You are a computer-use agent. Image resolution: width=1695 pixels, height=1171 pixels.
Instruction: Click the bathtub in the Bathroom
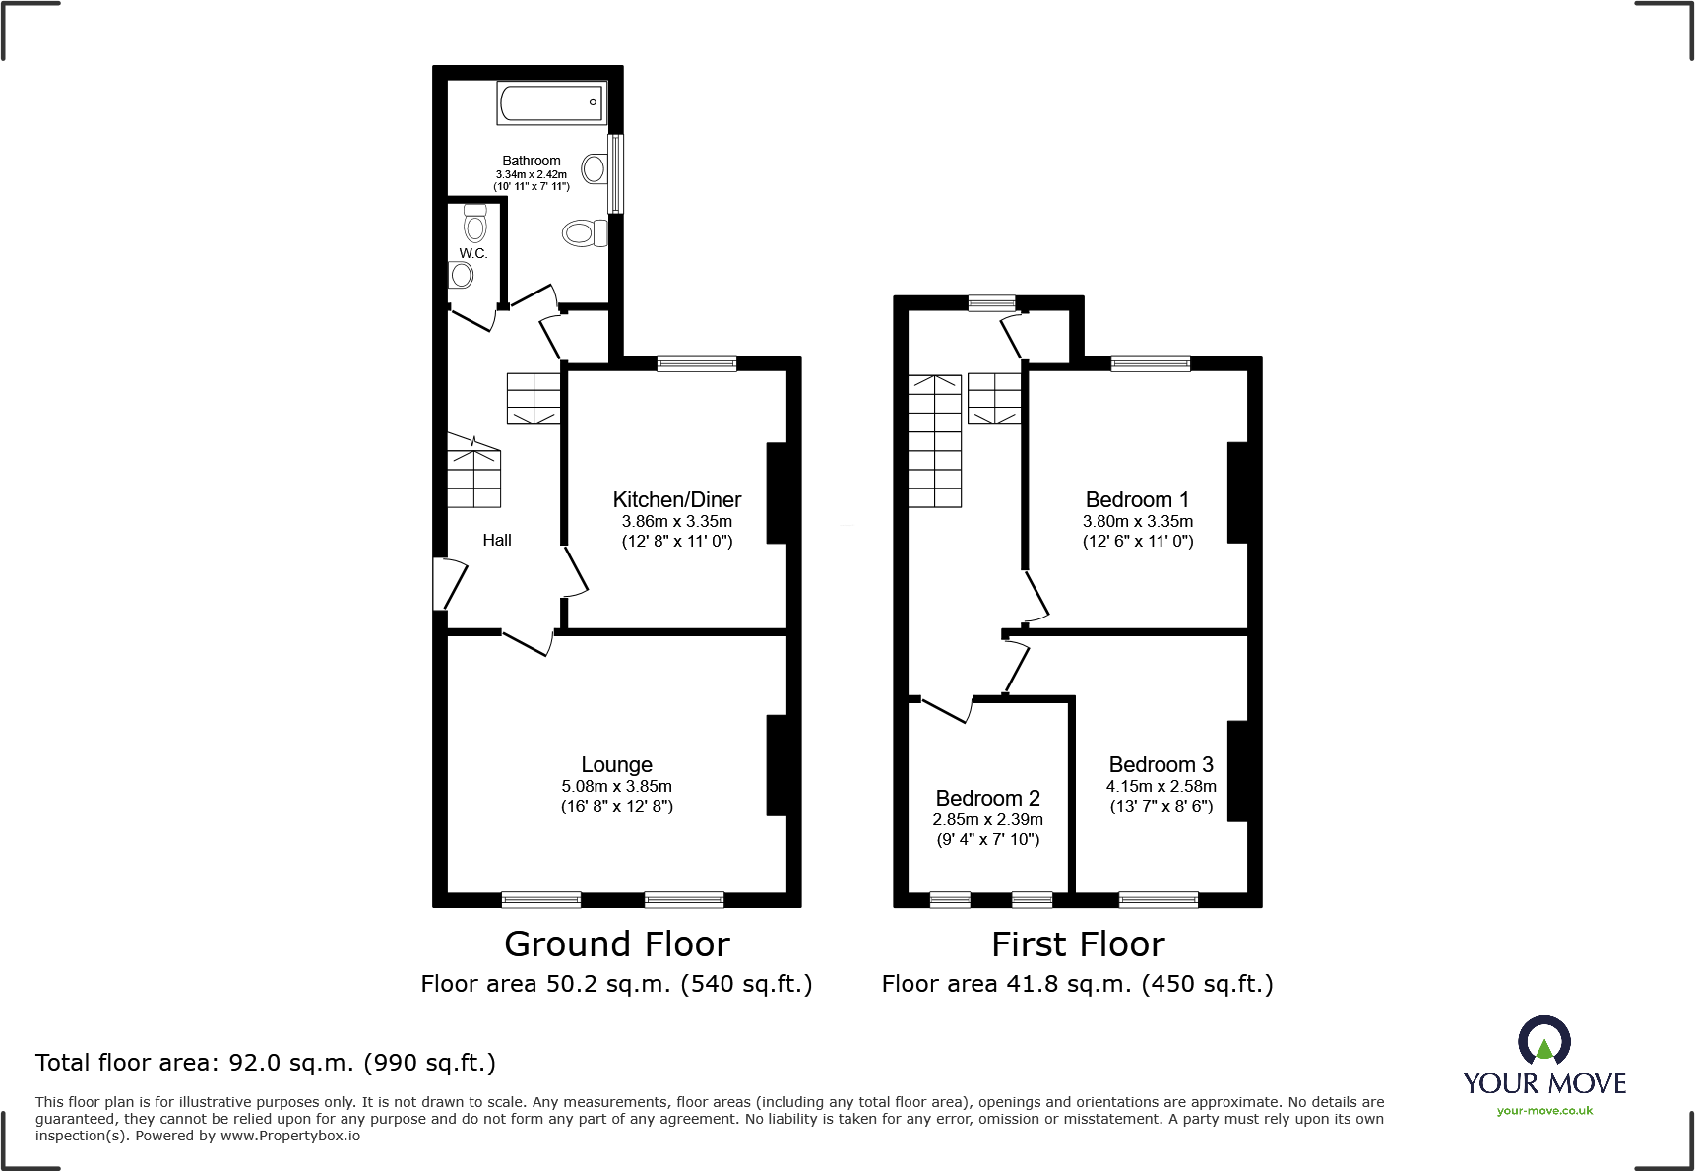[x=551, y=102]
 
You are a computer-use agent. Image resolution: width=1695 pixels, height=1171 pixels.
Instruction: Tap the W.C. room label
[x=473, y=253]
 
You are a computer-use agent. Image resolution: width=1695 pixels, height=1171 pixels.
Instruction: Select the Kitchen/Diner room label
[x=677, y=499]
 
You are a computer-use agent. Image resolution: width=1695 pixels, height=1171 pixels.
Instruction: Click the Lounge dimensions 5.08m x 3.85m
[x=616, y=786]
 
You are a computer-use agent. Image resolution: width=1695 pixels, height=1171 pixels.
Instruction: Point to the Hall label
[x=497, y=540]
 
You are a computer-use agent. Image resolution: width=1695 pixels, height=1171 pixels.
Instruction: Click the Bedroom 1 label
[x=1137, y=499]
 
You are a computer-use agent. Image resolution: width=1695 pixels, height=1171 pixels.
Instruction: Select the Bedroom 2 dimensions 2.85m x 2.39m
[x=987, y=819]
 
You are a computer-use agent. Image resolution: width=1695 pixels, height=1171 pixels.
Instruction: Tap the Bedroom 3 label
[x=1161, y=764]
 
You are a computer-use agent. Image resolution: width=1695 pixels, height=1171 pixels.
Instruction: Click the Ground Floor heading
[x=617, y=943]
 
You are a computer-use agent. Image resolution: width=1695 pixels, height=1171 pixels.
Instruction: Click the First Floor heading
[x=1078, y=943]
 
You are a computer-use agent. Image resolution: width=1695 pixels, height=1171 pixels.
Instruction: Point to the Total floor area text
[x=266, y=1063]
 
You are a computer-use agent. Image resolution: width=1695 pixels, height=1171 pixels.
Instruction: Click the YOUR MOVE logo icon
[x=1543, y=1041]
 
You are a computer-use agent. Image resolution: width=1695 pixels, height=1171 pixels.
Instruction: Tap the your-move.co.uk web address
[x=1544, y=1111]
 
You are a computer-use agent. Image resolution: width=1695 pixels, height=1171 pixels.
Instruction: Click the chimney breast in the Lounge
[x=777, y=765]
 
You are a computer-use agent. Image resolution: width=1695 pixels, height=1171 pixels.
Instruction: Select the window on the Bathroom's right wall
[x=616, y=173]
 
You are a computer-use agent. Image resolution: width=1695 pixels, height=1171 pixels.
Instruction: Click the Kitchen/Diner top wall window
[x=696, y=363]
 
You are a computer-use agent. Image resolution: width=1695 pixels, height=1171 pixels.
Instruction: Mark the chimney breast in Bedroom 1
[x=1237, y=492]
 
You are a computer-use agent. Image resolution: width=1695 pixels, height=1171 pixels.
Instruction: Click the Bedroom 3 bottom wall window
[x=1159, y=898]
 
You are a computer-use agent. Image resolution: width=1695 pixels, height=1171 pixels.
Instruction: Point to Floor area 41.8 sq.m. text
[x=1077, y=984]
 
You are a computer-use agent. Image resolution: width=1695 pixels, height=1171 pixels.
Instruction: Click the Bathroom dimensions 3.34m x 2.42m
[x=532, y=174]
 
